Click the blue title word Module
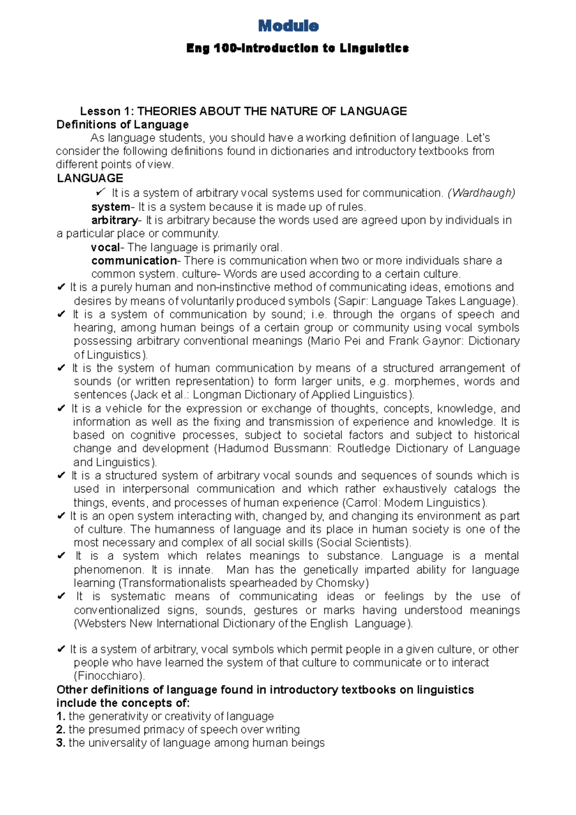(x=288, y=26)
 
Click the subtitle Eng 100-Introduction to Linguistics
(x=297, y=49)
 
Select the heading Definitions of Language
(x=122, y=125)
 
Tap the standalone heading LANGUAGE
(x=90, y=179)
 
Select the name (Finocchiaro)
(x=109, y=676)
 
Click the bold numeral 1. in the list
(x=60, y=717)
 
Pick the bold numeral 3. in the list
(x=60, y=743)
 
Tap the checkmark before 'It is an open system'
(x=61, y=516)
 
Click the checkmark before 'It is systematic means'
(x=61, y=597)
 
